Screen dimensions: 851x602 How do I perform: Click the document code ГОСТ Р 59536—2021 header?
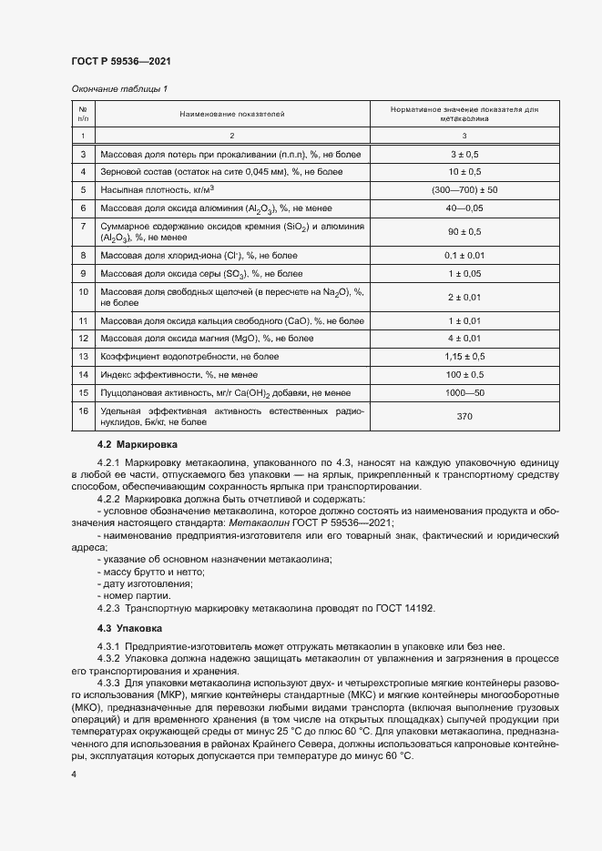(x=120, y=61)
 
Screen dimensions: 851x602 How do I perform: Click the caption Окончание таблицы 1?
(x=119, y=88)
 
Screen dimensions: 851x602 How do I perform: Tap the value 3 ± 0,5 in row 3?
(x=465, y=155)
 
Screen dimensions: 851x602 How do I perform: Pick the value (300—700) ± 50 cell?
(x=465, y=189)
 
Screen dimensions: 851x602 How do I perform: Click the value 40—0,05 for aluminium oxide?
(x=465, y=208)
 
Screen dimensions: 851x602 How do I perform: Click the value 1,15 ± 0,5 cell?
(x=465, y=357)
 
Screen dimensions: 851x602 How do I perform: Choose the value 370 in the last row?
(x=465, y=415)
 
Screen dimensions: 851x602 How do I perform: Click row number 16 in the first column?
(x=83, y=410)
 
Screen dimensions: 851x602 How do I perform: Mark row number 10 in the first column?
(x=83, y=291)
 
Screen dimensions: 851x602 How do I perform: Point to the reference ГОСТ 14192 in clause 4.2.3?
(x=419, y=608)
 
